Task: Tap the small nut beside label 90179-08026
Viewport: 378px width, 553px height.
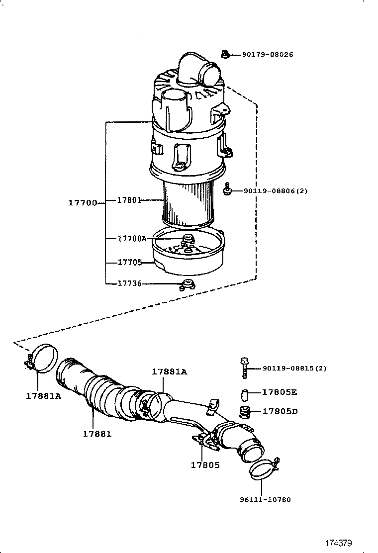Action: click(225, 53)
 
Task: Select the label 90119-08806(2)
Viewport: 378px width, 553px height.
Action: click(276, 191)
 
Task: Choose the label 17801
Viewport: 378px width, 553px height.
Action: click(129, 200)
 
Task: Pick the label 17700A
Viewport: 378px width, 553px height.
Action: click(132, 239)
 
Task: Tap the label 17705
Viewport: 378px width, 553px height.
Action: click(129, 262)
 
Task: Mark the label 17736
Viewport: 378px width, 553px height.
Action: click(129, 283)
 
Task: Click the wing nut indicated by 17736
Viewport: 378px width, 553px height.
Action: click(187, 285)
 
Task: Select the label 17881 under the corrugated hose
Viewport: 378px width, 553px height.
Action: click(97, 434)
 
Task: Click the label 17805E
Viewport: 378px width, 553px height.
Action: click(280, 392)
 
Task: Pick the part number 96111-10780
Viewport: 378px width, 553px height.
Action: click(265, 500)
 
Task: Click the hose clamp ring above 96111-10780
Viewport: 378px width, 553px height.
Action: click(262, 469)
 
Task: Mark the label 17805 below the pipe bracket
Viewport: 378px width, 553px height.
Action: click(205, 465)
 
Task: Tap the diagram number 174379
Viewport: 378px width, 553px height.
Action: click(342, 543)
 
